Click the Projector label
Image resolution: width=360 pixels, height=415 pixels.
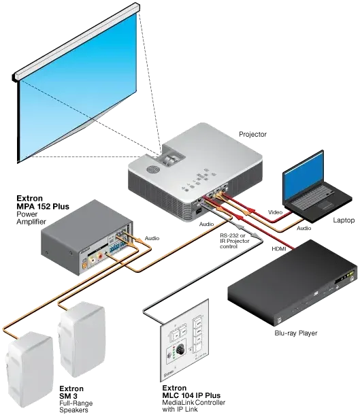coord(252,134)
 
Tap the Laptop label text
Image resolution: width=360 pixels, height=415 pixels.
coord(344,220)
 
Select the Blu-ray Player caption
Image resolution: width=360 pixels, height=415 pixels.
coord(295,333)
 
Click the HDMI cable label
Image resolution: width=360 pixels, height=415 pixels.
coord(279,249)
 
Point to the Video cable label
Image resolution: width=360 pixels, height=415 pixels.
coord(275,212)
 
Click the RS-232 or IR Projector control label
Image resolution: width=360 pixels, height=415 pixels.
coord(235,241)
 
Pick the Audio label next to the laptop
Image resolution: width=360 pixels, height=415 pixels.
coord(304,228)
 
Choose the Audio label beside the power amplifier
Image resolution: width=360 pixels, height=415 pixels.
coord(152,238)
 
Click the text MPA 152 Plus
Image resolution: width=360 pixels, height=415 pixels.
coord(43,206)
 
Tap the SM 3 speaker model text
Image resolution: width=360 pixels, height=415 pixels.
coord(68,396)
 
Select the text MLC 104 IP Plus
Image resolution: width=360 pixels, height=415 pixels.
coord(191,395)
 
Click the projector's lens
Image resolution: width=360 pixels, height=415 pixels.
coord(170,161)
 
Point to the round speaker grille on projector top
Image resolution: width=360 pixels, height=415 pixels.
coord(152,169)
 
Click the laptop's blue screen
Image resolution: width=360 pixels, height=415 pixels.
coord(304,178)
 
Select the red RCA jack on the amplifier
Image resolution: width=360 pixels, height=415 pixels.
coord(100,256)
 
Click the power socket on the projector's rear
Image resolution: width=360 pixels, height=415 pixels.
coord(198,211)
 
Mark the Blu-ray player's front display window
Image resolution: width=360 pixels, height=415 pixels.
coord(344,278)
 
